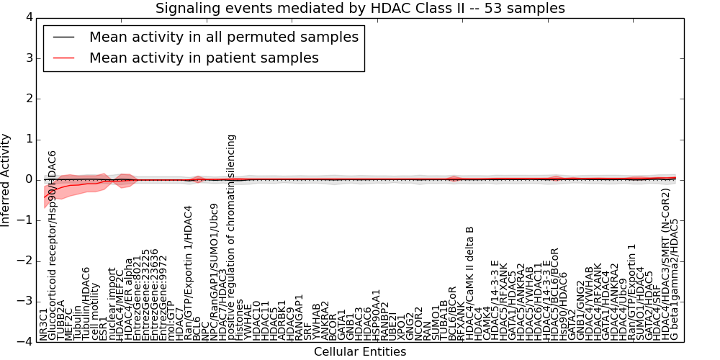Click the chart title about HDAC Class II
pos(360,8)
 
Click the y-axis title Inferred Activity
pos(6,180)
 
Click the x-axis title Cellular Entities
pos(360,351)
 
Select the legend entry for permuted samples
pos(223,37)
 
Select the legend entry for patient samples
pos(204,58)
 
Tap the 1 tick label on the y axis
pos(27,139)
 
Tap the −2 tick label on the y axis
pos(24,261)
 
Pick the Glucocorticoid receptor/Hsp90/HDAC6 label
pos(52,245)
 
